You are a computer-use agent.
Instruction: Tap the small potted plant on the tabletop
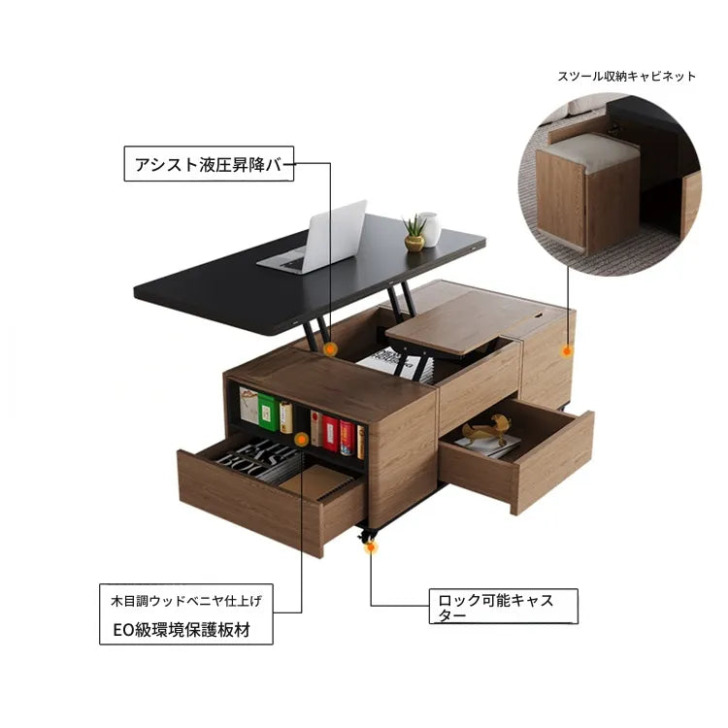tap(414, 234)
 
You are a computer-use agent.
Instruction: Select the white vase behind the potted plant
tap(429, 228)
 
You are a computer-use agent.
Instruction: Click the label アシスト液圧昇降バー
tap(209, 164)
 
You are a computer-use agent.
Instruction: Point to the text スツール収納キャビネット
tap(626, 76)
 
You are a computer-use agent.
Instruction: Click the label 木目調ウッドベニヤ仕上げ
tap(185, 601)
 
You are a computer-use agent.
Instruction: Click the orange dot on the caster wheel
tap(370, 547)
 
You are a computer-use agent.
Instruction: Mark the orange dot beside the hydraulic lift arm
tap(330, 347)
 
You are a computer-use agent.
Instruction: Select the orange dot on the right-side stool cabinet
tap(568, 346)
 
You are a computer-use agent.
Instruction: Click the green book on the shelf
tap(266, 412)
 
